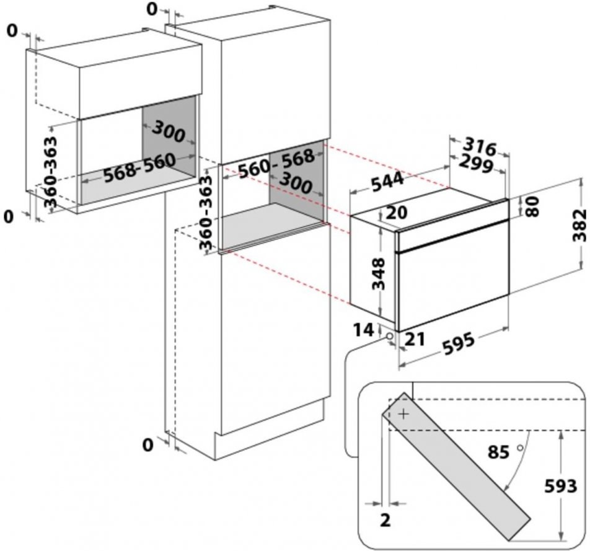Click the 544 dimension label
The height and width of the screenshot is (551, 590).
pyautogui.click(x=387, y=182)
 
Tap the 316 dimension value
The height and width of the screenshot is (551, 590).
pyautogui.click(x=480, y=146)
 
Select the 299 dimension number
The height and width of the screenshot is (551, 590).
pyautogui.click(x=476, y=164)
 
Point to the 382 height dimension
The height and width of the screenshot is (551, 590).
pyautogui.click(x=579, y=225)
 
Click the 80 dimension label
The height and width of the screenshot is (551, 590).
pyautogui.click(x=532, y=206)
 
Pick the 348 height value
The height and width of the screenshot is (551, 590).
pyautogui.click(x=378, y=273)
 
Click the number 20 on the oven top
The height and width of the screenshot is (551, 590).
pyautogui.click(x=397, y=213)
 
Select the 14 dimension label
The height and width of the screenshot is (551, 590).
pyautogui.click(x=363, y=330)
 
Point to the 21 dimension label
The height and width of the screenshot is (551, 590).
pyautogui.click(x=415, y=339)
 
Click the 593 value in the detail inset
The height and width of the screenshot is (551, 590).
pyautogui.click(x=561, y=486)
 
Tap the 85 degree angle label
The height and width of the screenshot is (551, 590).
pyautogui.click(x=498, y=452)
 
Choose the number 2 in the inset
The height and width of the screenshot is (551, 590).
pyautogui.click(x=385, y=520)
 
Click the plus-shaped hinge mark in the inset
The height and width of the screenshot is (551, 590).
pyautogui.click(x=403, y=414)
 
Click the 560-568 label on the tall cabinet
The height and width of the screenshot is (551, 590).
pyautogui.click(x=276, y=163)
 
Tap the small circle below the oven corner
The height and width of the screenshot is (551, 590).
pyautogui.click(x=389, y=335)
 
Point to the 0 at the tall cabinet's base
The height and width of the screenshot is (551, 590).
pyautogui.click(x=148, y=445)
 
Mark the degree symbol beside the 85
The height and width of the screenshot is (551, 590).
pyautogui.click(x=521, y=448)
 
